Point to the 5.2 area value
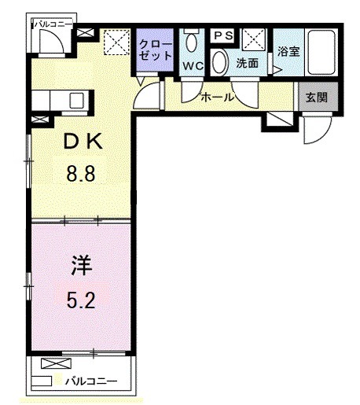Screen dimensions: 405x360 point(80,300)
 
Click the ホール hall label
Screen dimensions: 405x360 point(217,98)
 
